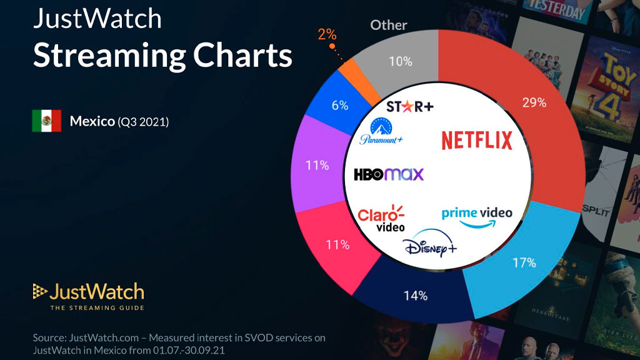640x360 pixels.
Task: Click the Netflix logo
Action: click(476, 140)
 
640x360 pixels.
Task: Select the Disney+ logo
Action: click(430, 247)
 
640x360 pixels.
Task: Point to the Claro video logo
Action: click(381, 217)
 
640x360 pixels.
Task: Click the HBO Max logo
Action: click(388, 174)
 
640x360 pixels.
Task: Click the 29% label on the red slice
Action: click(517, 102)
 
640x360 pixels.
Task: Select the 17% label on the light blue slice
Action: click(524, 262)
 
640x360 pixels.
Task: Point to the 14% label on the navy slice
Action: click(415, 296)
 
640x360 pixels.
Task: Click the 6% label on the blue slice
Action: click(340, 106)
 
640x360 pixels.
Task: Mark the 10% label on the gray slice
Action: click(400, 61)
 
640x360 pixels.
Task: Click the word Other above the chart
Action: click(389, 25)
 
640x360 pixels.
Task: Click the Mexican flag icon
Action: click(47, 121)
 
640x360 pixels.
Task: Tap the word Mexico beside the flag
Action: click(92, 121)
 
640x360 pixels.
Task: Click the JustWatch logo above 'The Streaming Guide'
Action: click(88, 291)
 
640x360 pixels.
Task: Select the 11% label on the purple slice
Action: click(317, 166)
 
